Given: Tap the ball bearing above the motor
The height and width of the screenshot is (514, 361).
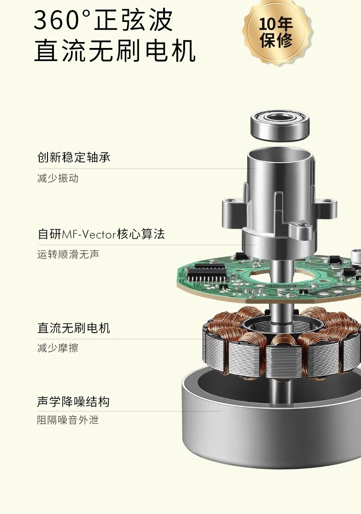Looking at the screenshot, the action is (280, 125).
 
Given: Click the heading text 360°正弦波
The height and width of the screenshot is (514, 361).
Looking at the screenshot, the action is (103, 20).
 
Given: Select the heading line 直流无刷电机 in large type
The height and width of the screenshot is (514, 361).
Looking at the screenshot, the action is (115, 51).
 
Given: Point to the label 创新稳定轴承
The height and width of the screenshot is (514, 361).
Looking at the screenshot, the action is (74, 157).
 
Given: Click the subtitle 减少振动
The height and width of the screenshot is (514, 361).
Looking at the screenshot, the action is (58, 178).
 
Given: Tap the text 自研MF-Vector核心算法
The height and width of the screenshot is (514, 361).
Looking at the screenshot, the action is (101, 234).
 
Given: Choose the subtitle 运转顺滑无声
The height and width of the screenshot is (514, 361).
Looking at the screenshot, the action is (68, 254).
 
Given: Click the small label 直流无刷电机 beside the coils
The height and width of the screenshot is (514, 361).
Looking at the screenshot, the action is (74, 328).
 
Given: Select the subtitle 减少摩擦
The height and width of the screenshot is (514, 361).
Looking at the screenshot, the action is (58, 348).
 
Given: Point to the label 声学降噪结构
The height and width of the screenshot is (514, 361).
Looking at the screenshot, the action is (73, 402).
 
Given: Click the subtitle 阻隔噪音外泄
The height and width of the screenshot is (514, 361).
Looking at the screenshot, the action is (68, 420).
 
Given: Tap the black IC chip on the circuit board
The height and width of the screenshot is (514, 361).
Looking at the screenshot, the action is (207, 272).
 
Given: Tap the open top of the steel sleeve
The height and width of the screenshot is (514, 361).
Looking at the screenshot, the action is (279, 154).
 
